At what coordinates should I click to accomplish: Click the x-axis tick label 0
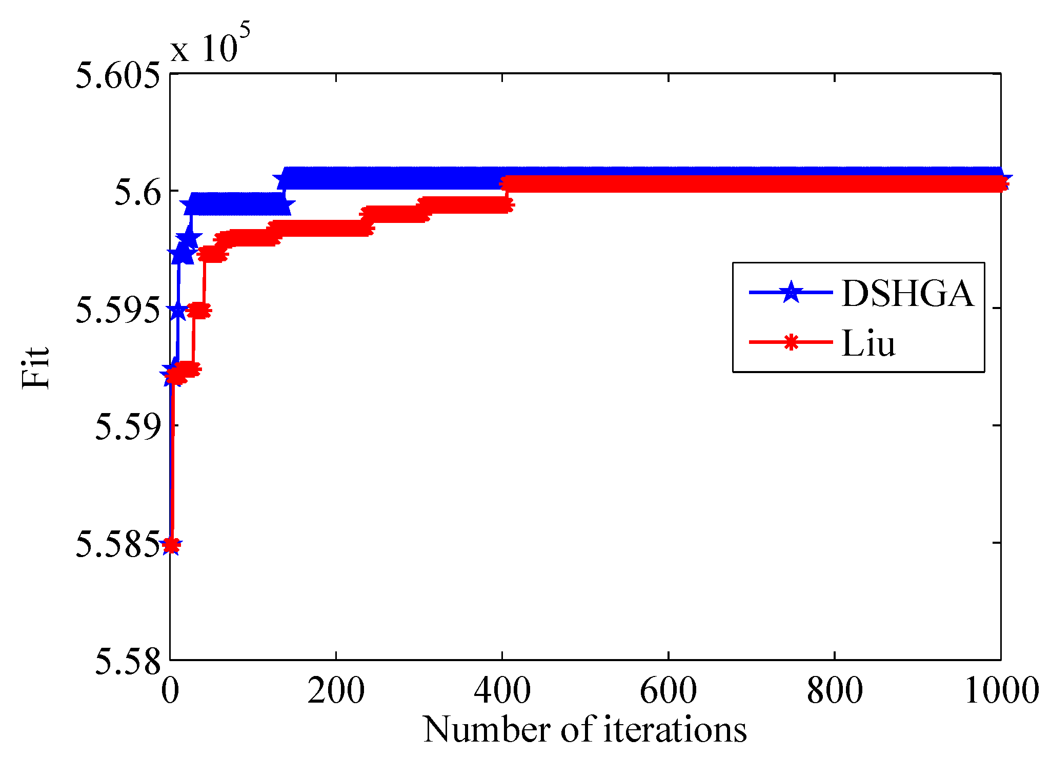170,690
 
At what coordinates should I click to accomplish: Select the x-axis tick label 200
336,690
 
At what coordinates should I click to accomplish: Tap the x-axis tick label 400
502,690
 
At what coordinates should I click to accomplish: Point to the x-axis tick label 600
668,690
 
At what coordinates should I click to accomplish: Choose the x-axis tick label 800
835,690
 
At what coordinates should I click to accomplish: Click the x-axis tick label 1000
1001,690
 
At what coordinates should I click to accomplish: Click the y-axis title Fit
36,367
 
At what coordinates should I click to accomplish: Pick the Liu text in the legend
868,343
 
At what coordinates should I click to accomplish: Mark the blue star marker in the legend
791,292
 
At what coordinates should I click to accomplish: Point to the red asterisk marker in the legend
791,342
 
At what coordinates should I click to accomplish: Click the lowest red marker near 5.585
172,545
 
